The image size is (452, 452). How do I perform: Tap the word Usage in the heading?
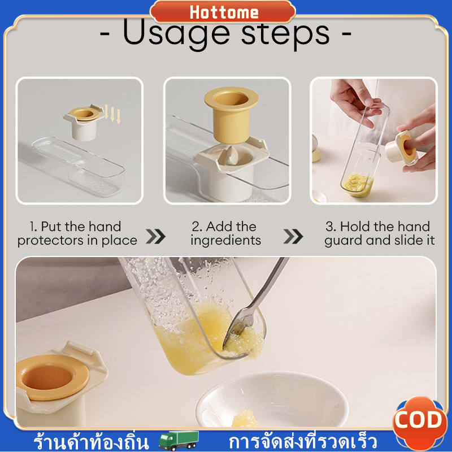(176, 34)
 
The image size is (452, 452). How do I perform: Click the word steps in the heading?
(285, 34)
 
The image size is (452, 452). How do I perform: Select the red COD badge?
(418, 421)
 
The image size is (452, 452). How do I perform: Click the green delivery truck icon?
(179, 440)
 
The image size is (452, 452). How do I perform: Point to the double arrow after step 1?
(155, 236)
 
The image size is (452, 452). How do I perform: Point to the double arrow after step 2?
(293, 236)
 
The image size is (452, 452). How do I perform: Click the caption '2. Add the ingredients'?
(225, 233)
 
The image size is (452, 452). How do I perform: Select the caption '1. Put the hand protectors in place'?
(77, 233)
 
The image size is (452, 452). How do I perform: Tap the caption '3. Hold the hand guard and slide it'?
(379, 233)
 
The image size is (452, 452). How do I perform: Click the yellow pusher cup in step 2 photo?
(232, 115)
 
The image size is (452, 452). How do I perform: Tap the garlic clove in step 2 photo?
(232, 156)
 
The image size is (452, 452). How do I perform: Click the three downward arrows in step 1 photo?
(112, 114)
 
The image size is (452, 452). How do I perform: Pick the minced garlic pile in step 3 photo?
(358, 184)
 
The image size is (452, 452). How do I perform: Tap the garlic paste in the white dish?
(246, 418)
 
